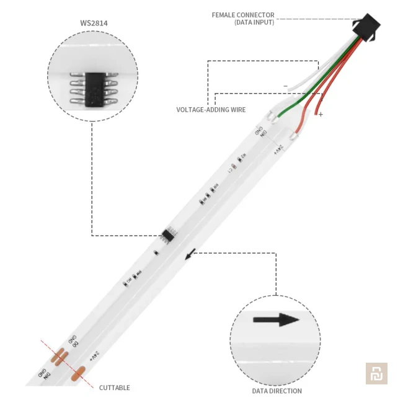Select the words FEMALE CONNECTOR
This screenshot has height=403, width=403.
[x=243, y=15]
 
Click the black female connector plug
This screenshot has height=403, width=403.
[x=366, y=28]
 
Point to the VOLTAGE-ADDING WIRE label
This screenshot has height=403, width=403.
[x=211, y=110]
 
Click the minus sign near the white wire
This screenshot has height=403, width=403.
[x=285, y=86]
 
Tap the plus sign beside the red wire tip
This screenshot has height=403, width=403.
[x=321, y=115]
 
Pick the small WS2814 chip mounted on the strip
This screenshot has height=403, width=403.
[x=168, y=234]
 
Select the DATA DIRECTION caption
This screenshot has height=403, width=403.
[x=277, y=391]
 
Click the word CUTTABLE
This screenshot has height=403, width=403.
[x=115, y=387]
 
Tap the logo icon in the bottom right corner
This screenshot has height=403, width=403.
[x=376, y=373]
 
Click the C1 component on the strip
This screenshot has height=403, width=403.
[x=232, y=166]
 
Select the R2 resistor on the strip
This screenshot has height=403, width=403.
[x=242, y=157]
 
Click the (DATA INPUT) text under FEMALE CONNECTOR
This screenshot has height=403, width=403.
[x=254, y=23]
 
